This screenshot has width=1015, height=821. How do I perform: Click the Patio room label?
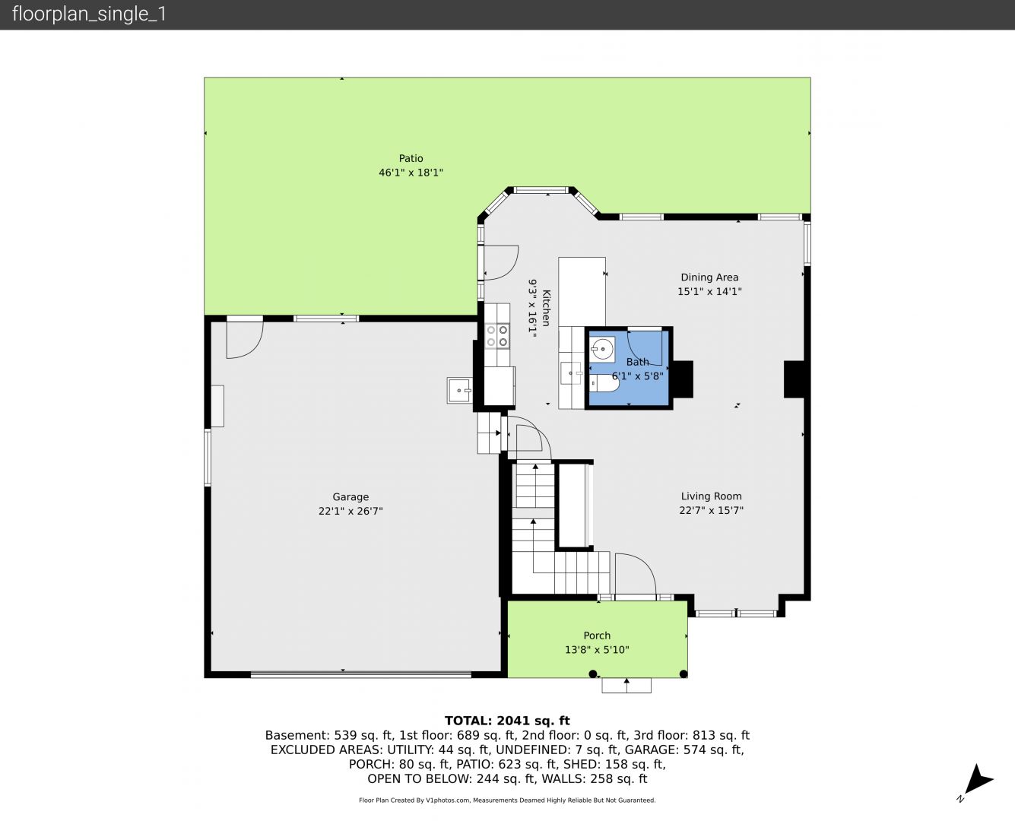pyautogui.click(x=411, y=158)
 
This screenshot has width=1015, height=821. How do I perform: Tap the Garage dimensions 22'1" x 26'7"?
pyautogui.click(x=350, y=512)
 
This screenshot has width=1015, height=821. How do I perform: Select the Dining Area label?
pyautogui.click(x=709, y=277)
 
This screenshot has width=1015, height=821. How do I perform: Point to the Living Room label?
pyautogui.click(x=711, y=496)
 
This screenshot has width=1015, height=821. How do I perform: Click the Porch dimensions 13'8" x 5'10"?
pyautogui.click(x=597, y=650)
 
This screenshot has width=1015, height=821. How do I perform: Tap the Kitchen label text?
pyautogui.click(x=547, y=308)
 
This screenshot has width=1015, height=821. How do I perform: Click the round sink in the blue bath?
pyautogui.click(x=603, y=350)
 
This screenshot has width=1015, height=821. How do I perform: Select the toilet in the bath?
pyautogui.click(x=604, y=382)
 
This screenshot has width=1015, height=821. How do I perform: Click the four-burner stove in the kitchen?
pyautogui.click(x=497, y=336)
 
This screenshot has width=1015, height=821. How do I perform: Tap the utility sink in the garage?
pyautogui.click(x=459, y=390)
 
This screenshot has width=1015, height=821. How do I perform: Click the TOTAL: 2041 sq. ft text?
pyautogui.click(x=507, y=721)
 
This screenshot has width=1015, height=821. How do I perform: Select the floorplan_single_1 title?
pyautogui.click(x=89, y=14)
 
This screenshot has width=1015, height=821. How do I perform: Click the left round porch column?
pyautogui.click(x=593, y=674)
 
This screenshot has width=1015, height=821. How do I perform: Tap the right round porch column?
pyautogui.click(x=684, y=674)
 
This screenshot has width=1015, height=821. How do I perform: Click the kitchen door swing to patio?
pyautogui.click(x=511, y=270)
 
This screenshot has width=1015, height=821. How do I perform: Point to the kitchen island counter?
pyautogui.click(x=582, y=292)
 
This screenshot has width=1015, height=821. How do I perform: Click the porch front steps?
pyautogui.click(x=626, y=685)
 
